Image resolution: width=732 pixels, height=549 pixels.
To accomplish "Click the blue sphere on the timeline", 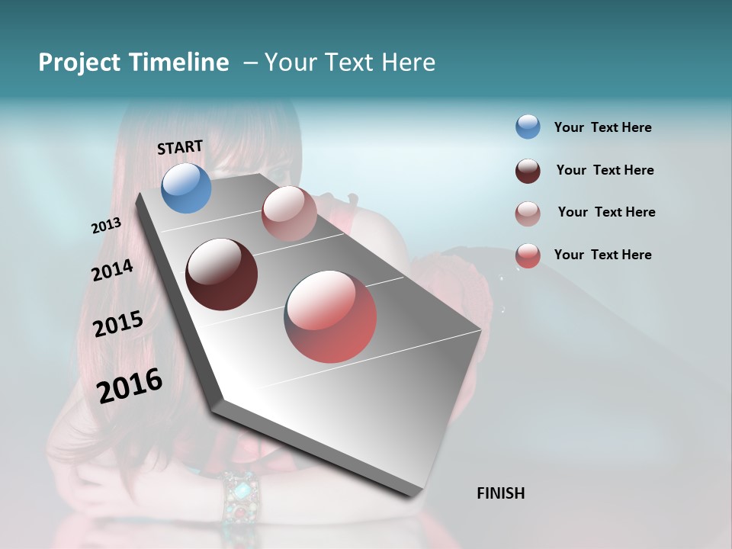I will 186,188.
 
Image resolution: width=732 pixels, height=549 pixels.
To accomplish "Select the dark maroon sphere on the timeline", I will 221,274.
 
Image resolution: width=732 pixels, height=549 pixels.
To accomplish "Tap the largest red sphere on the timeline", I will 330,316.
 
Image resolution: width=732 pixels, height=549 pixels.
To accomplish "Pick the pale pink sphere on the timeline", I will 289,213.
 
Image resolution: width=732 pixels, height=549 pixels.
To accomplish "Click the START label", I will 180,147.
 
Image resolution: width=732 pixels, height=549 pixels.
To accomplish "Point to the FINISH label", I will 500,493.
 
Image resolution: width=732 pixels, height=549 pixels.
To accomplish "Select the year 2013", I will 106,226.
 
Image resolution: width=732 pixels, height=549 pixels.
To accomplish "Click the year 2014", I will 112,271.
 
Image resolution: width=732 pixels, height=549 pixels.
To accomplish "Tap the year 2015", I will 118,324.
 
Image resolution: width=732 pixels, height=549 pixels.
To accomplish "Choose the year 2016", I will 130,386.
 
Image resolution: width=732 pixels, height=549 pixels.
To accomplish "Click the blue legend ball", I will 528,127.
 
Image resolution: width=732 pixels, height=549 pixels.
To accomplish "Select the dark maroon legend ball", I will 528,171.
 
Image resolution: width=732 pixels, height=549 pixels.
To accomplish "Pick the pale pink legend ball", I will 528,213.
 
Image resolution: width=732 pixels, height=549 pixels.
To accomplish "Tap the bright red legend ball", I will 528,255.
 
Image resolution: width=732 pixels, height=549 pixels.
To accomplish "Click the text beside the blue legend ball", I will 602,127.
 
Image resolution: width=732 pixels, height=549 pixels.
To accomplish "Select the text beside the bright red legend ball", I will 602,255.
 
